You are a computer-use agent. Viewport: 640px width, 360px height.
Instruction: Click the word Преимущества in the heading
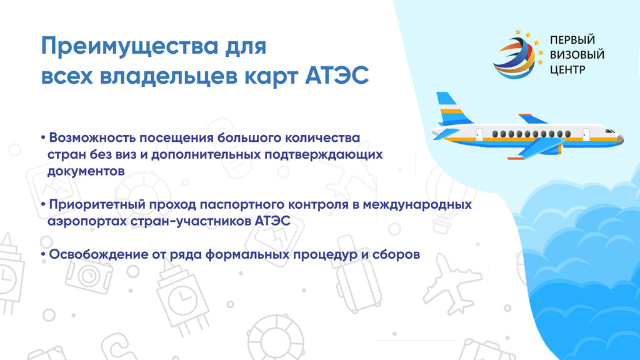(x=130, y=47)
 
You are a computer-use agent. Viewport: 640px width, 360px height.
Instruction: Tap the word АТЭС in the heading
(x=337, y=76)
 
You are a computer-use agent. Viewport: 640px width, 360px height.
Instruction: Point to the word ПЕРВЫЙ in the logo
(x=572, y=40)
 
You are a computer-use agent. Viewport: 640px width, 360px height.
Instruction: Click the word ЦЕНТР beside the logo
(x=567, y=70)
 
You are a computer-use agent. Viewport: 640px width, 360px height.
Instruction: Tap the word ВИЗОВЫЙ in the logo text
(x=577, y=55)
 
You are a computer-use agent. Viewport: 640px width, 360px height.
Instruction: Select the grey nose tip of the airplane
(x=621, y=139)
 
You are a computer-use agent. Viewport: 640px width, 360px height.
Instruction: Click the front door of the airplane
(x=586, y=134)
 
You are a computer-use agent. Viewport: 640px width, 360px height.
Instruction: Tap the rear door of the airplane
(x=479, y=135)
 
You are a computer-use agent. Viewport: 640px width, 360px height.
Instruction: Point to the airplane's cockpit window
(x=610, y=131)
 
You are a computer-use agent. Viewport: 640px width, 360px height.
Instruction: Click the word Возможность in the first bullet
(x=92, y=137)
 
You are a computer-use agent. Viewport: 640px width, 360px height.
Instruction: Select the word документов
(x=86, y=171)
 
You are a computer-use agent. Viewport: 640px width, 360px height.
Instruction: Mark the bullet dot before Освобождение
(x=43, y=254)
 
